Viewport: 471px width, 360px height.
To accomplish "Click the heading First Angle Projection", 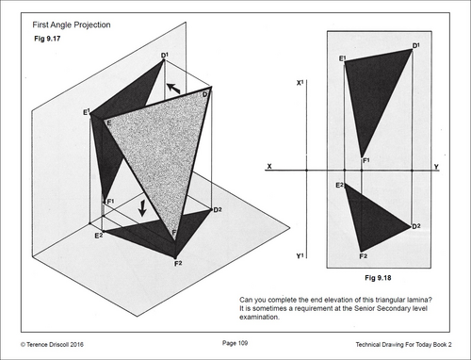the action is [72, 25].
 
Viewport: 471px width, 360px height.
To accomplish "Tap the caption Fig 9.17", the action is [47, 39].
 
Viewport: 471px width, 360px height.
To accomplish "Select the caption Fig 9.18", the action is [378, 278].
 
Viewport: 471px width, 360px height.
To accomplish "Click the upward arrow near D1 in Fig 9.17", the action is [173, 88].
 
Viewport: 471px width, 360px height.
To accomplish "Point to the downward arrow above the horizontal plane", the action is [142, 208].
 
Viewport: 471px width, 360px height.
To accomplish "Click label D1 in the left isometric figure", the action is [165, 56].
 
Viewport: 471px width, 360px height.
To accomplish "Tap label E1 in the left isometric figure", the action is [87, 112].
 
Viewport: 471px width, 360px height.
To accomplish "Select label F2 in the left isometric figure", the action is [178, 264].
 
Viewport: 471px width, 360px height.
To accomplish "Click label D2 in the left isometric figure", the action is [218, 209].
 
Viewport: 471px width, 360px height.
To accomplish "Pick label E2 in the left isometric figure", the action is [99, 236].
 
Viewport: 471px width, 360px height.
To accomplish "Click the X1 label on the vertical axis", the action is [300, 83].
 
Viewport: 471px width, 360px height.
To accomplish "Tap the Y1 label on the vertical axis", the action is [300, 256].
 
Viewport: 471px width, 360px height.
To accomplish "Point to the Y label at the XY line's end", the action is [436, 166].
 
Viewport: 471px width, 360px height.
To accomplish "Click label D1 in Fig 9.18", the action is [416, 46].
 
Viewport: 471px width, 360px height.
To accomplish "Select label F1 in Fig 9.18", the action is [366, 160].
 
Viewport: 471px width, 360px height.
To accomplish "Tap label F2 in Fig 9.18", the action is [364, 256].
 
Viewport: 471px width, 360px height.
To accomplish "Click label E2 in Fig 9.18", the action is [340, 185].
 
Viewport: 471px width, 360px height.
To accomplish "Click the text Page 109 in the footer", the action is [235, 343].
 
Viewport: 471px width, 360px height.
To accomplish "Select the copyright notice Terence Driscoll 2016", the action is [52, 345].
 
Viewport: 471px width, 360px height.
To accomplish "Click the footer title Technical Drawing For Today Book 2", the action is [403, 345].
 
